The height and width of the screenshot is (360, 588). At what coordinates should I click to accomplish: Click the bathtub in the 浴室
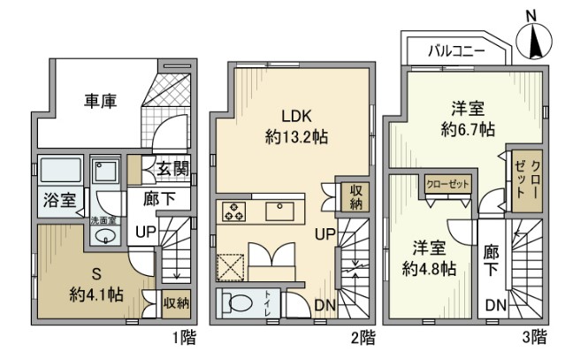(x=59, y=168)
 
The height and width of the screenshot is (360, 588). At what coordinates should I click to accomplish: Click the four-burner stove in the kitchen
(x=235, y=211)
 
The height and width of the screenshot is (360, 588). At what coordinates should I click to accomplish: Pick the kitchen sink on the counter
(x=284, y=211)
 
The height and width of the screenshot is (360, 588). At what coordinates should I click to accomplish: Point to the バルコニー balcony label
(x=456, y=51)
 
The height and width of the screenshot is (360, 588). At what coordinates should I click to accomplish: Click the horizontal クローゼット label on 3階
(x=447, y=184)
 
